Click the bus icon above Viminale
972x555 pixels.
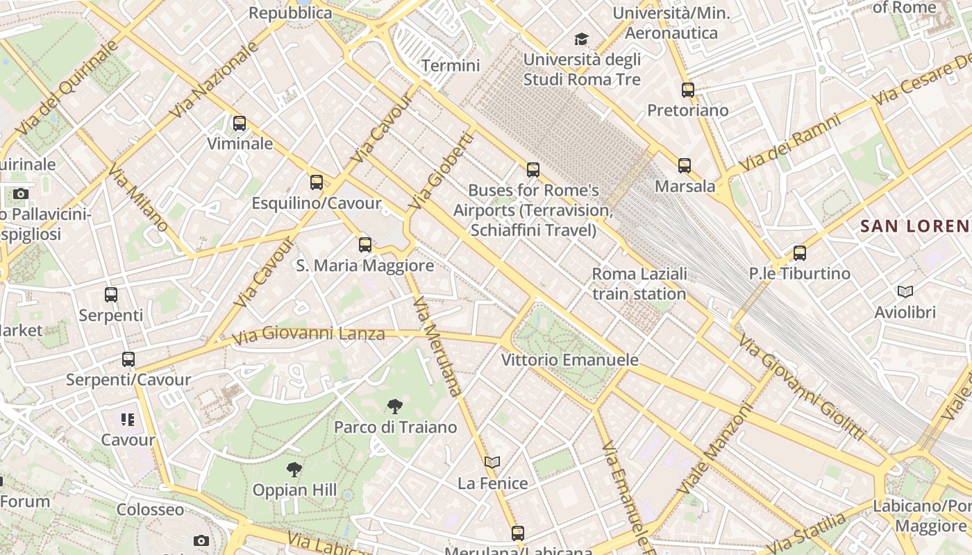click(240, 123)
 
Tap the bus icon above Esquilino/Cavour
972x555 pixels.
click(317, 182)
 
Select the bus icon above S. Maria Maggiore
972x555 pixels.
click(365, 245)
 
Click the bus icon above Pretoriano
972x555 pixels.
click(688, 90)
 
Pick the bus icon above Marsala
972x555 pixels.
click(685, 166)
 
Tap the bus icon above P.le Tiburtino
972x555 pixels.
click(800, 253)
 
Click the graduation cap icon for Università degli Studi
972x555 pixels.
click(581, 40)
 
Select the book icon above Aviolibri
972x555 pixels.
click(905, 292)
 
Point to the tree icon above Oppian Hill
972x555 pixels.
click(294, 470)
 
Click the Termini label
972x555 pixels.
click(451, 66)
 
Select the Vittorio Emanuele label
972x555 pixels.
click(570, 360)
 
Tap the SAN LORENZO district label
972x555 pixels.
click(915, 225)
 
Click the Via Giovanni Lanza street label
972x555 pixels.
click(308, 335)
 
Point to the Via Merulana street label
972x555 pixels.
click(437, 346)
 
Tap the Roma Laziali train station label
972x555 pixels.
click(639, 284)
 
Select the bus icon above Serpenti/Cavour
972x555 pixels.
click(128, 359)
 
